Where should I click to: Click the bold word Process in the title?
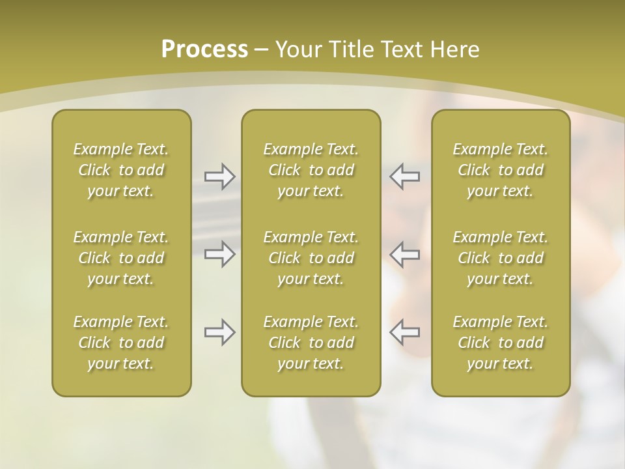pos(204,50)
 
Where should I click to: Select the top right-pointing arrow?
pos(219,177)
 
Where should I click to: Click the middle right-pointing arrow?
pos(219,254)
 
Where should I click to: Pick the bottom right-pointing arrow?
pos(219,332)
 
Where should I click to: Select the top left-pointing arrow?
pos(404,177)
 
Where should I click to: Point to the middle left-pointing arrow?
pos(404,254)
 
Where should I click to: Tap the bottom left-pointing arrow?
pos(404,332)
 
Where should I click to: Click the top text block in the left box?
pos(121,170)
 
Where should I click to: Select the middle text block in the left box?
pos(121,258)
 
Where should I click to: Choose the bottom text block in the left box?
pos(121,343)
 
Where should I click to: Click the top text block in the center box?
pos(311,170)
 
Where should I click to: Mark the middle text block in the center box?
pos(311,258)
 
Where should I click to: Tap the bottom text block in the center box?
pos(311,343)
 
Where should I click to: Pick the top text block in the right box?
pos(501,170)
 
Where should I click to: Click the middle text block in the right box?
pos(501,258)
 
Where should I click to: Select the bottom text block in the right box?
pos(501,343)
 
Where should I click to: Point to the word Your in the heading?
pos(298,50)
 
